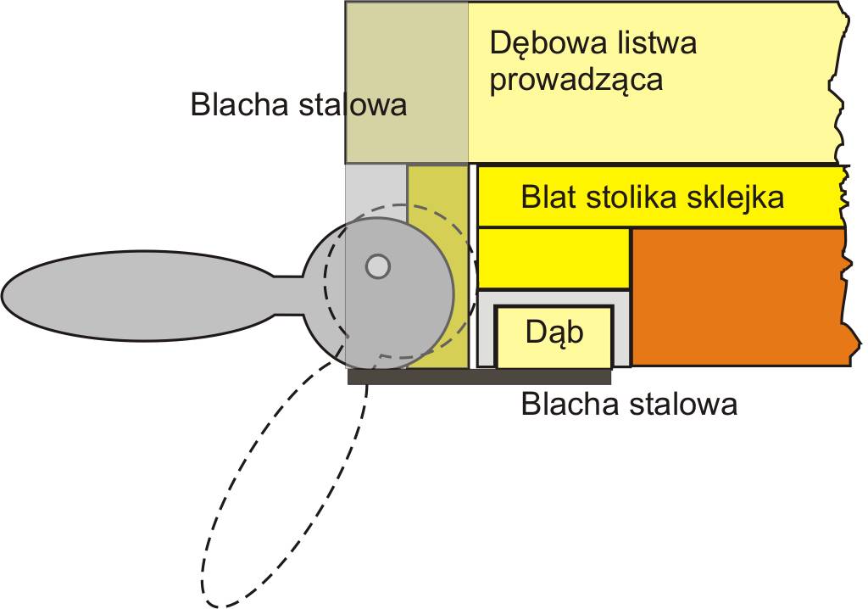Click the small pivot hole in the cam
[x=377, y=267]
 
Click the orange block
[x=737, y=297]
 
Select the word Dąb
[x=554, y=332]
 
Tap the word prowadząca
[x=576, y=81]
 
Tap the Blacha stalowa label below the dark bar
[x=629, y=405]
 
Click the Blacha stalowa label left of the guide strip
[x=298, y=105]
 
